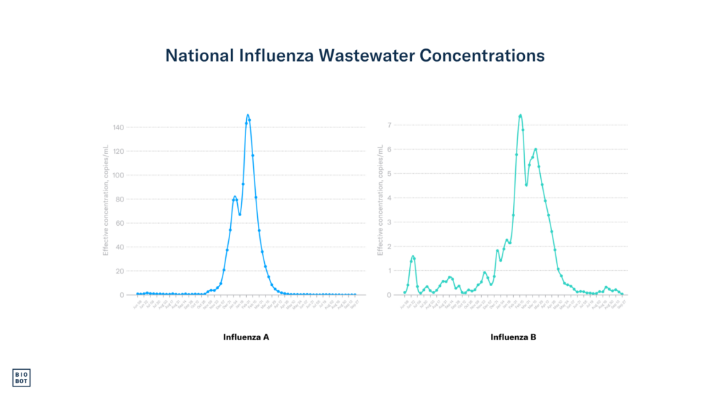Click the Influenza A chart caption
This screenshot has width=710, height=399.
(x=246, y=337)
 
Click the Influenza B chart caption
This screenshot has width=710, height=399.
(x=513, y=337)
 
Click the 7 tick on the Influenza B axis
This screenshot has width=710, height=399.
(x=390, y=125)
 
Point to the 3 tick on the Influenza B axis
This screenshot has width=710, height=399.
(x=390, y=222)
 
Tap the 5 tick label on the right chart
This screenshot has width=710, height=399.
(x=390, y=174)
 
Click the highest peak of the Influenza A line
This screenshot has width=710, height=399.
(x=248, y=115)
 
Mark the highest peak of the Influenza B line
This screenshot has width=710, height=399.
(x=520, y=115)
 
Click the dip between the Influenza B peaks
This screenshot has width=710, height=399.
(x=526, y=184)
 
